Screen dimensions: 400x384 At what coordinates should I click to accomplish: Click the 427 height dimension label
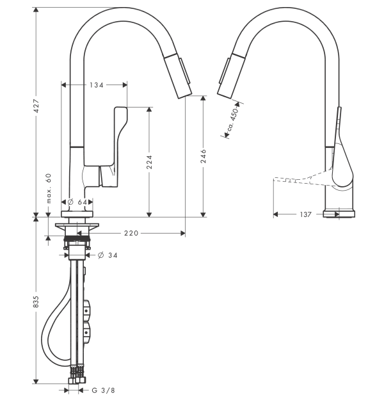click(36, 106)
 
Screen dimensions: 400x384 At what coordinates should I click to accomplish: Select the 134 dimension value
click(96, 84)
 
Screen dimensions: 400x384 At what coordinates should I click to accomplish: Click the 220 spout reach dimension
click(131, 234)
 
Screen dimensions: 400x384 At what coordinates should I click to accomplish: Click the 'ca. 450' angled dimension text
click(233, 120)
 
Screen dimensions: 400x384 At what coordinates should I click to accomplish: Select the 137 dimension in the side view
click(306, 214)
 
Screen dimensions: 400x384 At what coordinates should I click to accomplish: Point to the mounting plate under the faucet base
click(77, 227)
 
